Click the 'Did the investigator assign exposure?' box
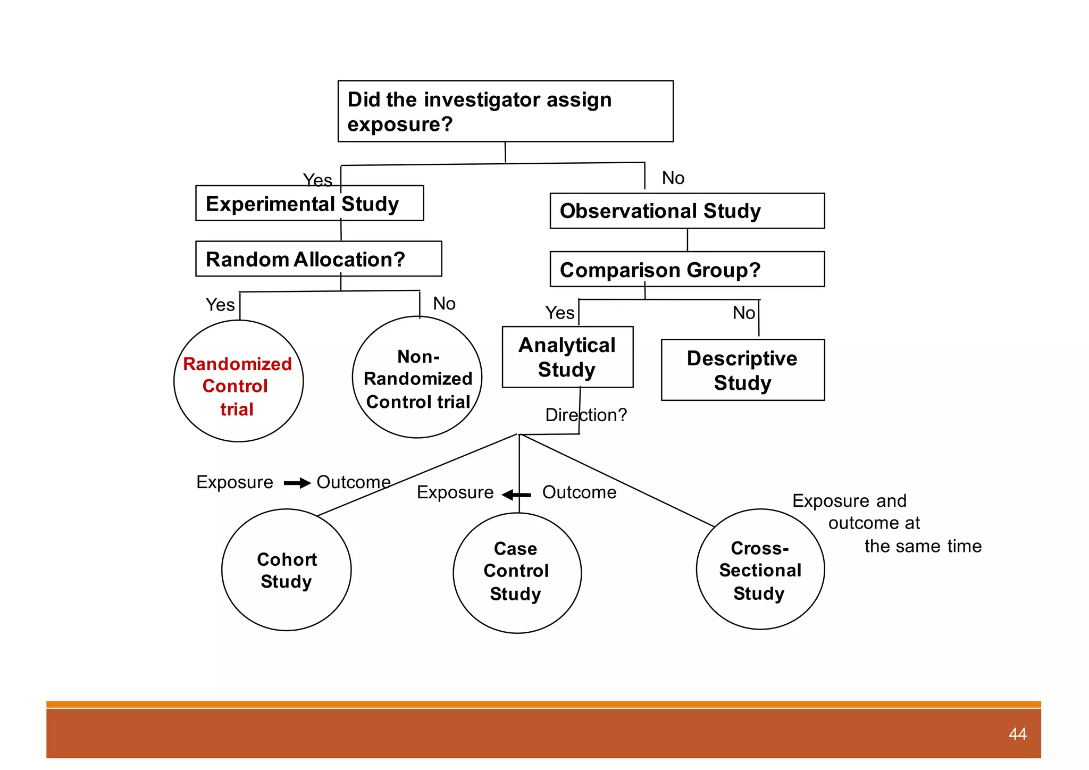(505, 111)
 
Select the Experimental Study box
(309, 204)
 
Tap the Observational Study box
(687, 211)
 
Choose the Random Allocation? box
(318, 260)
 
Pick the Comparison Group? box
(687, 270)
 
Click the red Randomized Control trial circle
(238, 381)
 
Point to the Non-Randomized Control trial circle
(417, 378)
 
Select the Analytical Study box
(567, 357)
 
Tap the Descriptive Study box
(742, 370)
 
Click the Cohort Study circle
(287, 570)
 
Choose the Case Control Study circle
(517, 573)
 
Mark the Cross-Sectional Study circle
(760, 570)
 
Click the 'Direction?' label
(586, 415)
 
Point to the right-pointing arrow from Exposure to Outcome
(297, 483)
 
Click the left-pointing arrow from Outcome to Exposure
(516, 495)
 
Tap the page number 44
(1017, 734)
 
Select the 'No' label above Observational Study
(673, 178)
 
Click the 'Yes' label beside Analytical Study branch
(559, 313)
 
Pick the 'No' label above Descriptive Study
(743, 313)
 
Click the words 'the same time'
(923, 546)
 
